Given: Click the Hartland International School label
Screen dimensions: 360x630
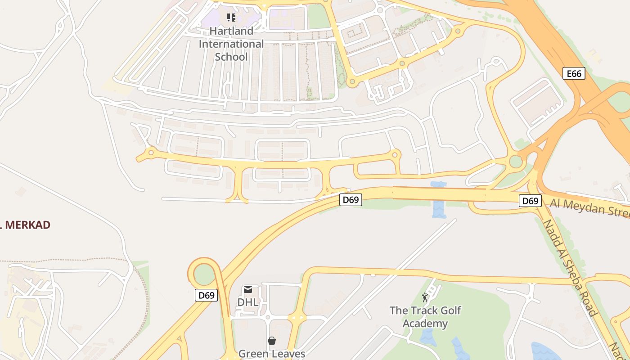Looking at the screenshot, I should pyautogui.click(x=231, y=44).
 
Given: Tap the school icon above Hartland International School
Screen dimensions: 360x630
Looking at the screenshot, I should pyautogui.click(x=231, y=18).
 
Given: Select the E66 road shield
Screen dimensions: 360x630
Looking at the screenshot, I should pyautogui.click(x=574, y=73).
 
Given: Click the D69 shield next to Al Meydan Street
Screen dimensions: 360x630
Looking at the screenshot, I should pyautogui.click(x=530, y=201).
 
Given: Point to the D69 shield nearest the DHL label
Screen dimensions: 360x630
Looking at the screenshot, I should pyautogui.click(x=207, y=295).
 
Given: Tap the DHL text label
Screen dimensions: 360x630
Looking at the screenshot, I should pyautogui.click(x=248, y=302).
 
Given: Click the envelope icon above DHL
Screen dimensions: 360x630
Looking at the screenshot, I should pyautogui.click(x=248, y=289).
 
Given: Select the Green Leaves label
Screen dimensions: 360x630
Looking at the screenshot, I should pyautogui.click(x=272, y=354).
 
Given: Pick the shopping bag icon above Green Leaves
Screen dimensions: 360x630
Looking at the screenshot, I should pyautogui.click(x=272, y=341).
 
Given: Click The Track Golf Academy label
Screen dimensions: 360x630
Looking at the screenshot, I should pyautogui.click(x=425, y=317).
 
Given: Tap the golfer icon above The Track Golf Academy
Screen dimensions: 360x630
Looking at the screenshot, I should pyautogui.click(x=425, y=297).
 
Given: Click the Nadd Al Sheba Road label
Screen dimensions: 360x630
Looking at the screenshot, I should pyautogui.click(x=570, y=267).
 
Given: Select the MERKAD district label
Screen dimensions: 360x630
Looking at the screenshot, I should pyautogui.click(x=26, y=225).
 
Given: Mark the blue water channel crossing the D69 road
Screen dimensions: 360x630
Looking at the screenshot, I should pyautogui.click(x=438, y=200).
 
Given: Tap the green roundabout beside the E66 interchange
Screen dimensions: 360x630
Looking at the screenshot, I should pyautogui.click(x=516, y=161).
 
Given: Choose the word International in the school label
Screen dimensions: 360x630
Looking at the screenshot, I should pyautogui.click(x=231, y=44).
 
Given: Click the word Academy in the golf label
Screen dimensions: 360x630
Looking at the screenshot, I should pyautogui.click(x=425, y=324).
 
